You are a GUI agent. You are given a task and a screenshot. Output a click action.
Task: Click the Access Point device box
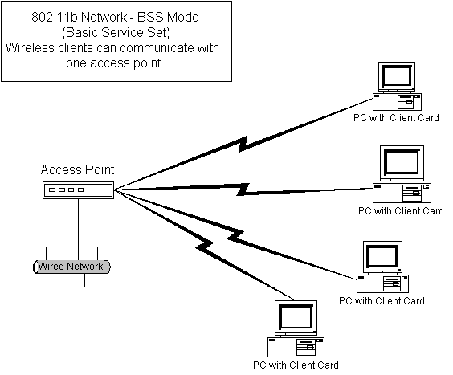click(78, 190)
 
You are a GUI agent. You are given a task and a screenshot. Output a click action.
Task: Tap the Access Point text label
click(77, 169)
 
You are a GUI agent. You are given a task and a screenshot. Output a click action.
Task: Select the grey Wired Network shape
click(71, 267)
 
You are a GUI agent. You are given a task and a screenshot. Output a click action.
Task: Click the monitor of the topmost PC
click(397, 77)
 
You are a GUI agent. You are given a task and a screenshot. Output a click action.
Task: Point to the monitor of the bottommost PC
click(296, 318)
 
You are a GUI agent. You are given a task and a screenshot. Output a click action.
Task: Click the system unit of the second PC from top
click(402, 193)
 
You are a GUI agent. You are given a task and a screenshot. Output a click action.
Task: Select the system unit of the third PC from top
click(382, 283)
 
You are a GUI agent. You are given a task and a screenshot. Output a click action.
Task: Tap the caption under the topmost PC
click(396, 118)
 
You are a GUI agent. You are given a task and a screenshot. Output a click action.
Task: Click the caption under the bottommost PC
click(296, 365)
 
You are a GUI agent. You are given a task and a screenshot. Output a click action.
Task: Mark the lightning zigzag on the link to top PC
click(243, 144)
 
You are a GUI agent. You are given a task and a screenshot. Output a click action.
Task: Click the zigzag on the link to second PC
click(243, 190)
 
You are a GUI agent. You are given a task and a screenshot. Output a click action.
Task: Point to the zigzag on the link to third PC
click(235, 235)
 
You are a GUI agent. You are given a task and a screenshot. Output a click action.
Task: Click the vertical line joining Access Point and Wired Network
click(78, 230)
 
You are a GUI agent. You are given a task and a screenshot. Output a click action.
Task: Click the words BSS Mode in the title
click(168, 18)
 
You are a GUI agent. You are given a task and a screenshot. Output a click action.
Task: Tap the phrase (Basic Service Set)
click(116, 32)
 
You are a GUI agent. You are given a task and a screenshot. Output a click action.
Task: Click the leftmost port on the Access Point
click(52, 190)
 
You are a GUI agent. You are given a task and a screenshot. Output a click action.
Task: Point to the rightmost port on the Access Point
click(80, 190)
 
